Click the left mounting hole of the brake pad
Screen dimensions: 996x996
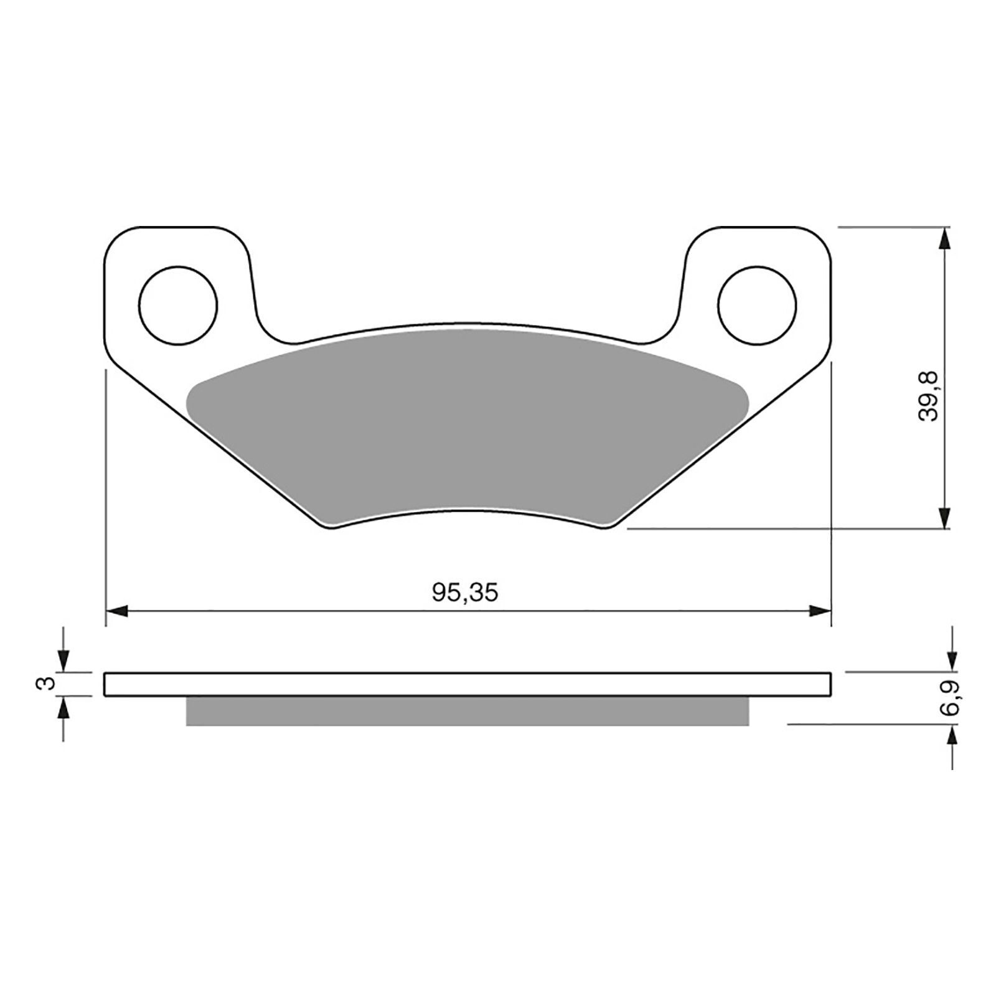coord(179,305)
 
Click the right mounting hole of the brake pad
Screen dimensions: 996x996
coord(757,305)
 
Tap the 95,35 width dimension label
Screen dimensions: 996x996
coord(466,593)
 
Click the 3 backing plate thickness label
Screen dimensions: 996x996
coord(43,684)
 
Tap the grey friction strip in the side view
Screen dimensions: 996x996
coord(467,711)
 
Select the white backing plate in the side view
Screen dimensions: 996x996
coord(467,684)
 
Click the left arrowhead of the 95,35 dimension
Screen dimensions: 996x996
coord(117,611)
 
